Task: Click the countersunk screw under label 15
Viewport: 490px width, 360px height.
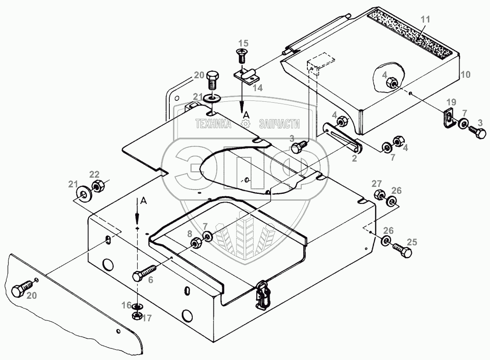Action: click(x=242, y=57)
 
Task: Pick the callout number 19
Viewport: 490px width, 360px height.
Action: click(x=451, y=102)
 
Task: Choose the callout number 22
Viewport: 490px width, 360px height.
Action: click(x=94, y=174)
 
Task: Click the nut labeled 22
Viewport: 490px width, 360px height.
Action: click(x=98, y=187)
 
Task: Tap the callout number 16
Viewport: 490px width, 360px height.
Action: click(x=127, y=305)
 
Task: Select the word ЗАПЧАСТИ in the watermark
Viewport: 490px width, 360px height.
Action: click(x=279, y=123)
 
